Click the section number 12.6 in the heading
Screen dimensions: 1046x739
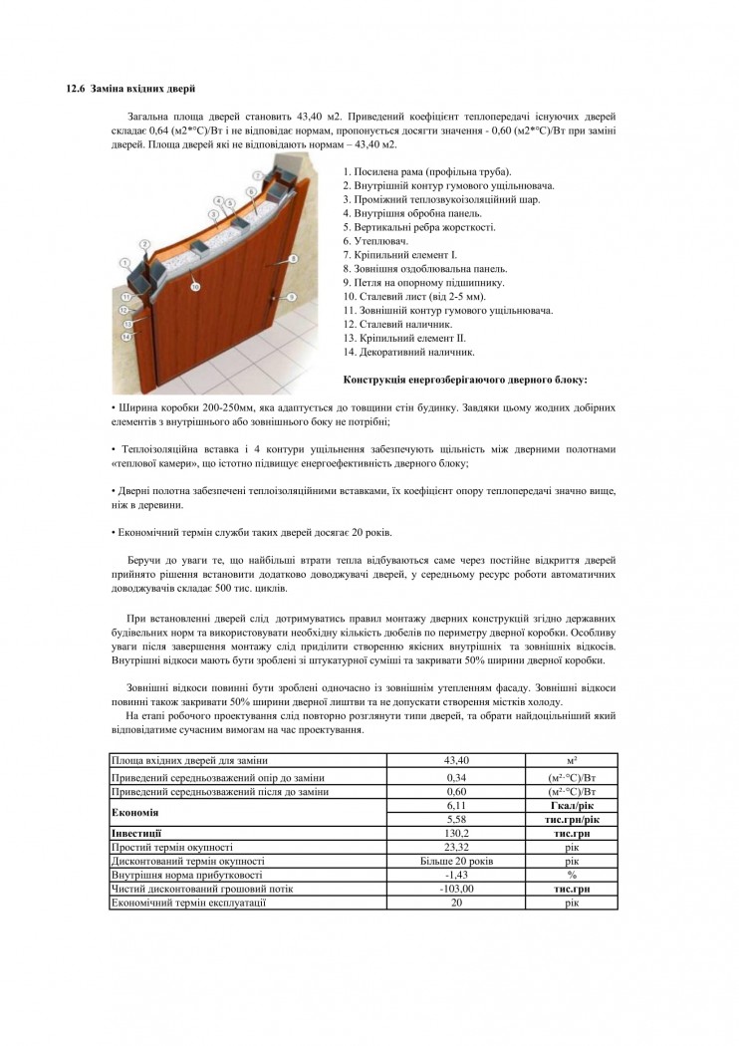76,90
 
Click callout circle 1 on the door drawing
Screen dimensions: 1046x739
125,262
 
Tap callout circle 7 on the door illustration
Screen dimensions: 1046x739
256,174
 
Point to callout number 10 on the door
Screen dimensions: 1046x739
196,286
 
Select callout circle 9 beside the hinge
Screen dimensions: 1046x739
292,296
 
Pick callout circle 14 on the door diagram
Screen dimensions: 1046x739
125,337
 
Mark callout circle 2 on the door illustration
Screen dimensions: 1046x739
144,243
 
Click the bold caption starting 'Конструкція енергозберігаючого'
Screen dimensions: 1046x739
464,379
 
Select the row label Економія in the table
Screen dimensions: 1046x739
135,812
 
